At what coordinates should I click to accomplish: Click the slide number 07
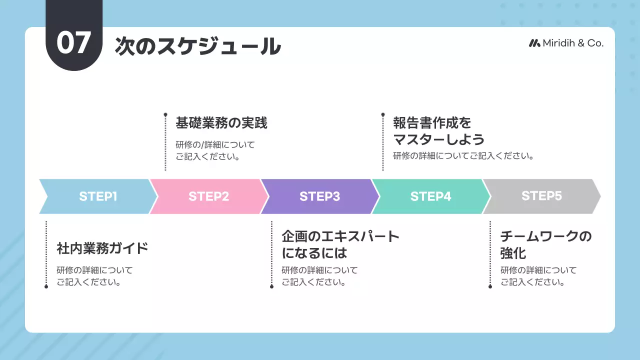pyautogui.click(x=74, y=43)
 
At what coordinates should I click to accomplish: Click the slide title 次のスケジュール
pyautogui.click(x=197, y=46)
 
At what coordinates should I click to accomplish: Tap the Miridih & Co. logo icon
pyautogui.click(x=534, y=43)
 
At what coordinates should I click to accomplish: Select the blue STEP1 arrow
pyautogui.click(x=97, y=196)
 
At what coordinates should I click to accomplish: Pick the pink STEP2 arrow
pyautogui.click(x=208, y=196)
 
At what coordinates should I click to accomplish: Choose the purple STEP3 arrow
pyautogui.click(x=319, y=196)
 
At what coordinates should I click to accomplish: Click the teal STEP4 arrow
pyautogui.click(x=430, y=196)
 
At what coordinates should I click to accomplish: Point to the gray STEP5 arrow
pyautogui.click(x=541, y=196)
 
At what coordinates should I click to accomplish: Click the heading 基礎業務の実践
pyautogui.click(x=221, y=123)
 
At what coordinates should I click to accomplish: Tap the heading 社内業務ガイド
pyautogui.click(x=102, y=248)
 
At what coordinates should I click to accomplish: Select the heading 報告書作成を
pyautogui.click(x=432, y=123)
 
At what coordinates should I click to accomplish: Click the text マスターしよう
pyautogui.click(x=438, y=139)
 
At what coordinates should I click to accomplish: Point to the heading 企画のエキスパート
pyautogui.click(x=340, y=236)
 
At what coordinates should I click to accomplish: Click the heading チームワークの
pyautogui.click(x=546, y=236)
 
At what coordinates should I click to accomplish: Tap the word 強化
pyautogui.click(x=513, y=252)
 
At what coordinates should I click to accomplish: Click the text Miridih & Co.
pyautogui.click(x=573, y=43)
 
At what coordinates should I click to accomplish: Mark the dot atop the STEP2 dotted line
pyautogui.click(x=165, y=114)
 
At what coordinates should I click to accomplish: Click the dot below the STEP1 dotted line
pyautogui.click(x=46, y=286)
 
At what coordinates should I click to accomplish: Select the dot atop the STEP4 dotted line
pyautogui.click(x=383, y=114)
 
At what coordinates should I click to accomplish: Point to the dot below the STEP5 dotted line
pyautogui.click(x=490, y=286)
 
